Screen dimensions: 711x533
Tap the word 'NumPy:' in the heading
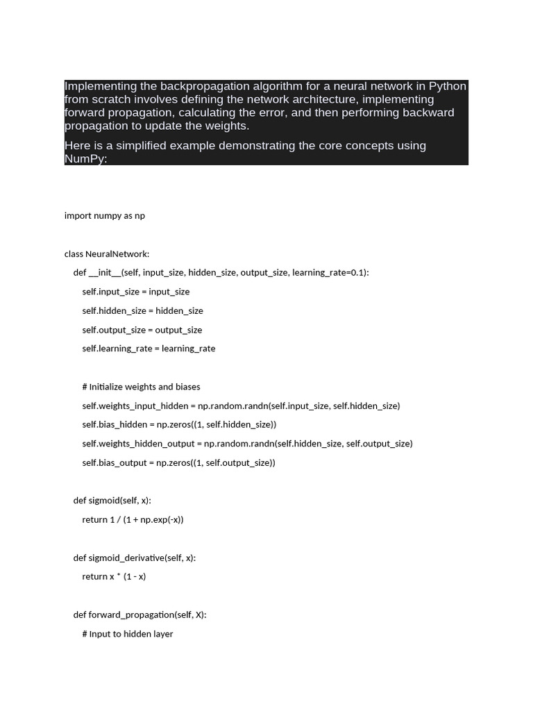[86, 158]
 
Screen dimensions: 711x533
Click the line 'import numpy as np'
[105, 215]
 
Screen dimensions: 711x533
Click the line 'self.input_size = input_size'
[136, 292]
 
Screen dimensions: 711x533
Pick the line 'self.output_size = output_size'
[142, 330]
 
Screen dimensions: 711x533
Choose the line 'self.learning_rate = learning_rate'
[149, 349]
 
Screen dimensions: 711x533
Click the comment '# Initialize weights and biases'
[141, 387]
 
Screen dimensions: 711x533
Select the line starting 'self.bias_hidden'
[179, 424]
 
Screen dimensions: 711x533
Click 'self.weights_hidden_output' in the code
[138, 444]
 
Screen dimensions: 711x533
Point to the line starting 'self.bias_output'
[178, 462]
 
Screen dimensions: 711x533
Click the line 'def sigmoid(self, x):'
[112, 501]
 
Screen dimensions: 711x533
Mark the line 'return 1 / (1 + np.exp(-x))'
[133, 519]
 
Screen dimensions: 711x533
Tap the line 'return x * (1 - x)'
[114, 576]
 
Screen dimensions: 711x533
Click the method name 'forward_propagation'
[131, 614]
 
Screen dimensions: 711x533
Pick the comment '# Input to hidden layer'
[128, 634]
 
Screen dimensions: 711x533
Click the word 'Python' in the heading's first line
[448, 86]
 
